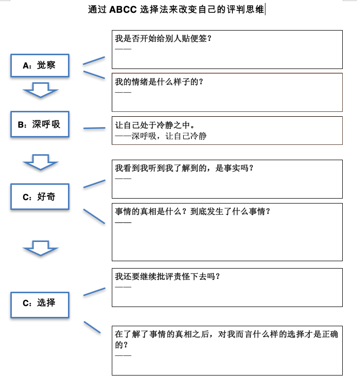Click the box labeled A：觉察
40,66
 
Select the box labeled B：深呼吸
40,125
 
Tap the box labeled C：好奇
40,197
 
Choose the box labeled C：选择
40,303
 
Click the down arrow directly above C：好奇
41,162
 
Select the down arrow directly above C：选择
41,248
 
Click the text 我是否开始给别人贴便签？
163,38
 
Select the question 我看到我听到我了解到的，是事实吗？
184,168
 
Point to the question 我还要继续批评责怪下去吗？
167,276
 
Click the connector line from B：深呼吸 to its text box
94,129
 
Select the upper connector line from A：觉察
94,60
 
